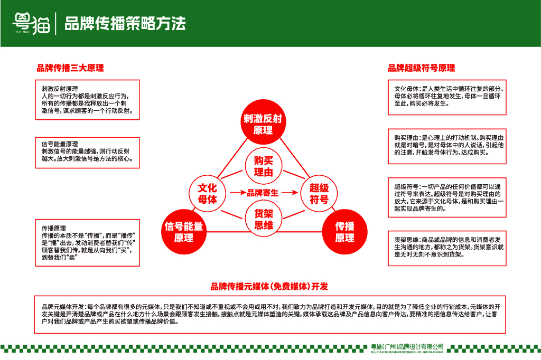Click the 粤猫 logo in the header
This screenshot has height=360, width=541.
pos(31,23)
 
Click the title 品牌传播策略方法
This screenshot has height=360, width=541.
pos(125,24)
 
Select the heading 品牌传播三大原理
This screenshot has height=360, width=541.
pos(70,68)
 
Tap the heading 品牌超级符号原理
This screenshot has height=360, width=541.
pos(421,68)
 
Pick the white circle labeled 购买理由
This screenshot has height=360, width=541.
pos(263,166)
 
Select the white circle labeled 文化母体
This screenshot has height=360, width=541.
pos(207,193)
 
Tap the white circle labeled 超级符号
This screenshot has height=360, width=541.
pos(319,193)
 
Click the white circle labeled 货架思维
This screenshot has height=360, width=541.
pos(263,220)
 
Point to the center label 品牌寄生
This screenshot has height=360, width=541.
pos(263,193)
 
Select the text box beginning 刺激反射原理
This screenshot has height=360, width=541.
pos(87,100)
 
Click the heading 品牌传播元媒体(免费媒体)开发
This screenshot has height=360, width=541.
pos(269,287)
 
